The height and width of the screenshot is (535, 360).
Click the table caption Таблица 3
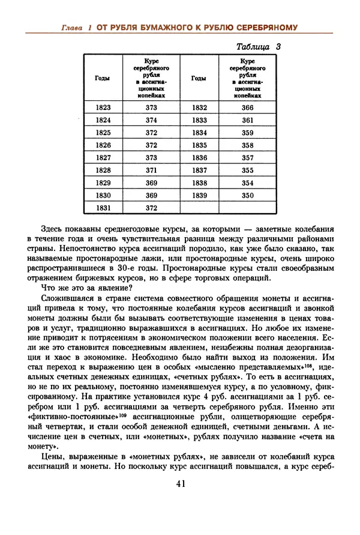click(259, 46)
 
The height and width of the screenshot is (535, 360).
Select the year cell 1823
click(103, 107)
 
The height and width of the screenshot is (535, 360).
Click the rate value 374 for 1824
click(151, 120)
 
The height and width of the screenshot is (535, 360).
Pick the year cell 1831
click(103, 208)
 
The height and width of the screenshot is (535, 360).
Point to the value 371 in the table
click(151, 171)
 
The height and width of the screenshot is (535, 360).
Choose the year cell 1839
click(199, 195)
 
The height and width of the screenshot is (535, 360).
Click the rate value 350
click(247, 195)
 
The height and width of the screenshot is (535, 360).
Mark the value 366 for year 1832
click(247, 107)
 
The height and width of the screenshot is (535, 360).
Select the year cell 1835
click(199, 145)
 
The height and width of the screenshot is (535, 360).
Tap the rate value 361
click(247, 120)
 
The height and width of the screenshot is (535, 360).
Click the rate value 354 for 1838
click(247, 183)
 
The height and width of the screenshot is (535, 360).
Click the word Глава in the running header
click(75, 28)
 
